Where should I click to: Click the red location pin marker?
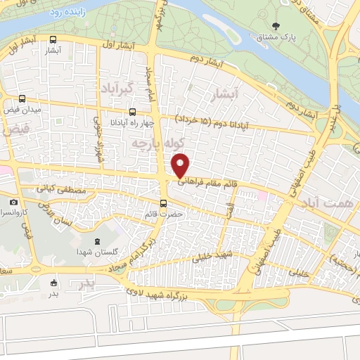pyautogui.click(x=181, y=165)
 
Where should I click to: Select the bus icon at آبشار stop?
pyautogui.click(x=55, y=41)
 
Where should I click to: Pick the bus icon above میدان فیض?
pyautogui.click(x=22, y=99)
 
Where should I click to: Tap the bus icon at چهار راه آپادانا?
pyautogui.click(x=134, y=112)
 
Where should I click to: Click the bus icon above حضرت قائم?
pyautogui.click(x=163, y=204)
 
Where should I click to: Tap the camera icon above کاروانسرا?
pyautogui.click(x=13, y=202)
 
